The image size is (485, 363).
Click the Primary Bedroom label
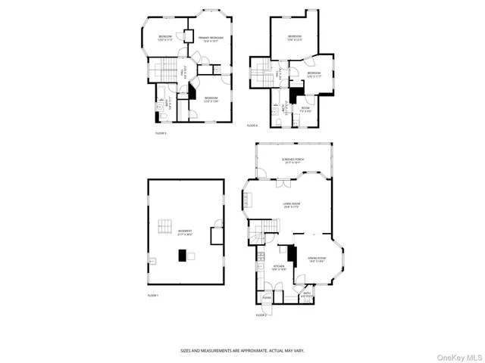(x=211, y=39)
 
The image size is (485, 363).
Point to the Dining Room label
(x=316, y=259)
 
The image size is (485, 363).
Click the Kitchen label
(x=280, y=267)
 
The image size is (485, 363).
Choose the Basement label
(x=185, y=232)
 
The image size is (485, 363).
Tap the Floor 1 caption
(x=153, y=295)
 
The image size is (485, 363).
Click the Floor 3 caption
(x=161, y=133)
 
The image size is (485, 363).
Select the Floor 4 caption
(x=252, y=126)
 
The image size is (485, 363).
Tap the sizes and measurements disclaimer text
(x=242, y=350)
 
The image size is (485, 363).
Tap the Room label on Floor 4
(x=305, y=108)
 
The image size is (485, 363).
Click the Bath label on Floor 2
(x=306, y=294)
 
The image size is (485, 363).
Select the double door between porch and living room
(x=282, y=183)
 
